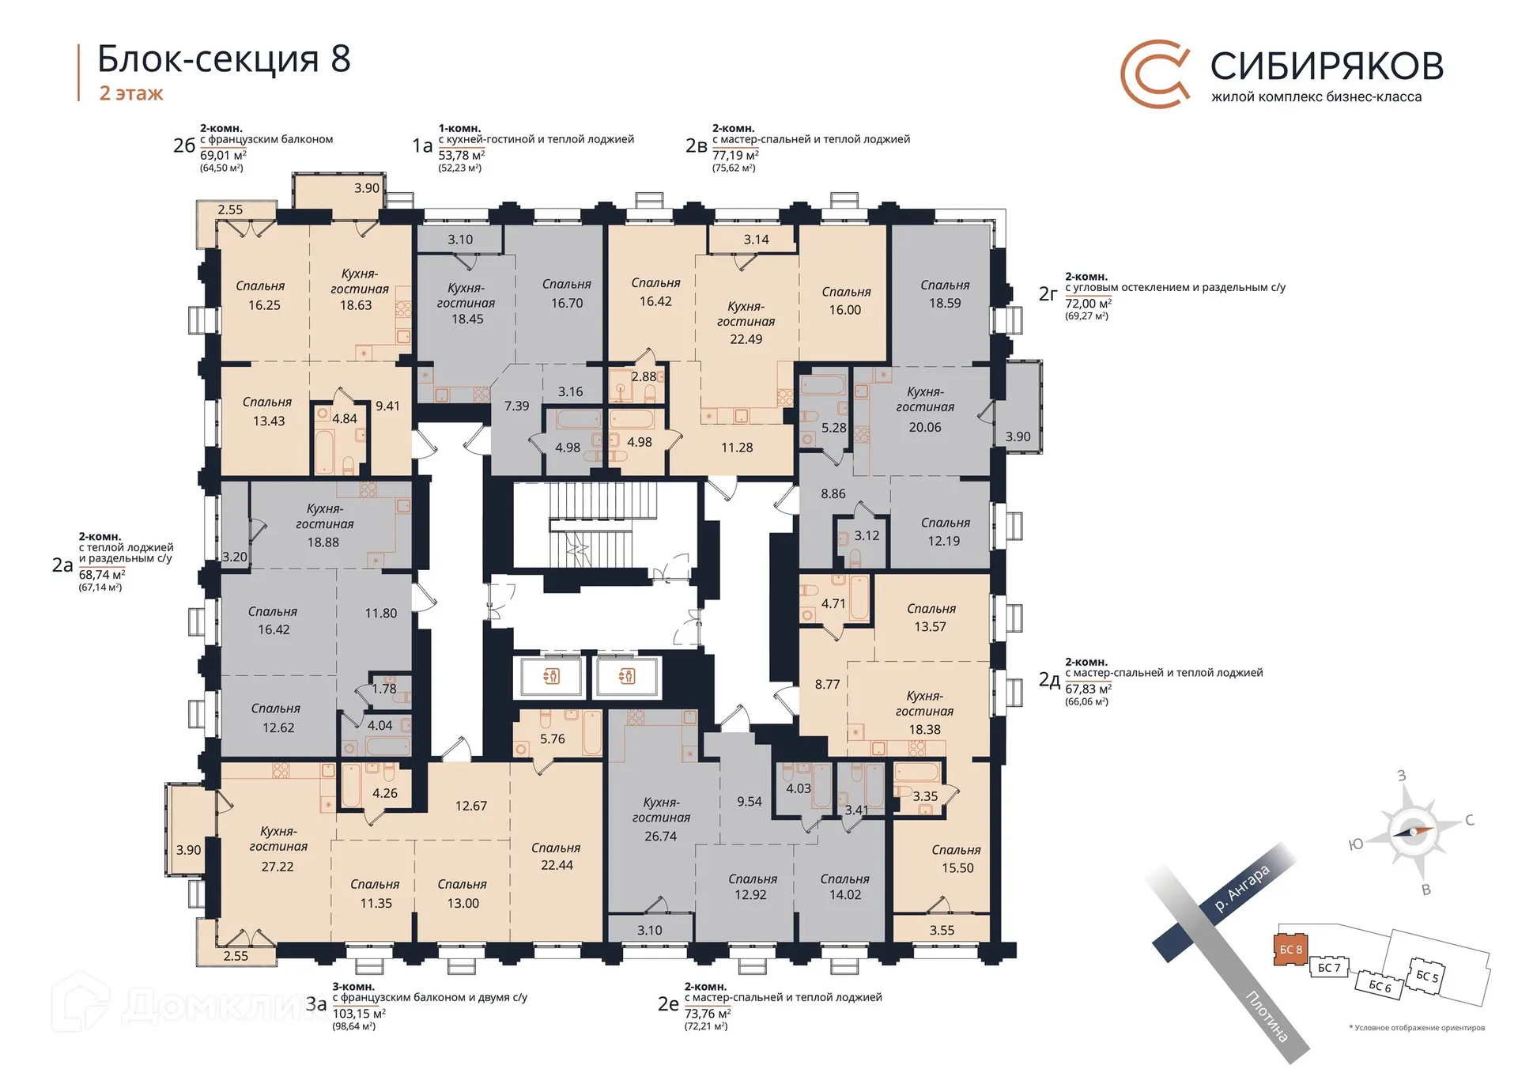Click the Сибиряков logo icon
[1155, 73]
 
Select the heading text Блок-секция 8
[224, 59]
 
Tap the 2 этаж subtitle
[131, 93]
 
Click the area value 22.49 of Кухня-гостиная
[746, 339]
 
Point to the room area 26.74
[660, 836]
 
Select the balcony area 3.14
[756, 240]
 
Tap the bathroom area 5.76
[552, 739]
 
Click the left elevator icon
[551, 676]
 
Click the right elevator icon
[627, 676]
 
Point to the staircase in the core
[602, 524]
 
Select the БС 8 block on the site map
[1290, 949]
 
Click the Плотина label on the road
[1267, 1016]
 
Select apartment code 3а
[316, 1004]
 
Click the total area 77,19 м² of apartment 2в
[734, 156]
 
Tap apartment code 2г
[1048, 294]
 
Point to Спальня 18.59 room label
[944, 293]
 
